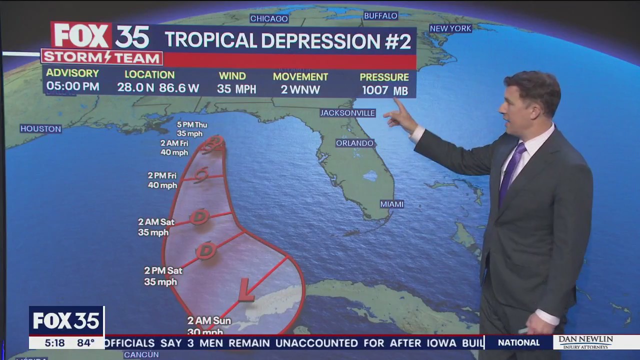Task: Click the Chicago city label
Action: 269,18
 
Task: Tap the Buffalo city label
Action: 380,15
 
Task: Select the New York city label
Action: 450,28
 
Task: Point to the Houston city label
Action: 40,128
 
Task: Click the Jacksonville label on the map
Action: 347,113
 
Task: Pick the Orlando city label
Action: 354,143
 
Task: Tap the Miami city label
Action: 391,204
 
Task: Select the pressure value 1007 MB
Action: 384,90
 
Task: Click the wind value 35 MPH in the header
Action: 236,89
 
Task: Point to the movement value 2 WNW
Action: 300,89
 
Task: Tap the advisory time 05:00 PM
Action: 72,86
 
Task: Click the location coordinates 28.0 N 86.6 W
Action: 158,88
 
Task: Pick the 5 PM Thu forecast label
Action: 191,129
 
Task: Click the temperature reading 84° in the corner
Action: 85,342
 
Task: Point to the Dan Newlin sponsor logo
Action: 585,342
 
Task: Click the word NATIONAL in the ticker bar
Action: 518,342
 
